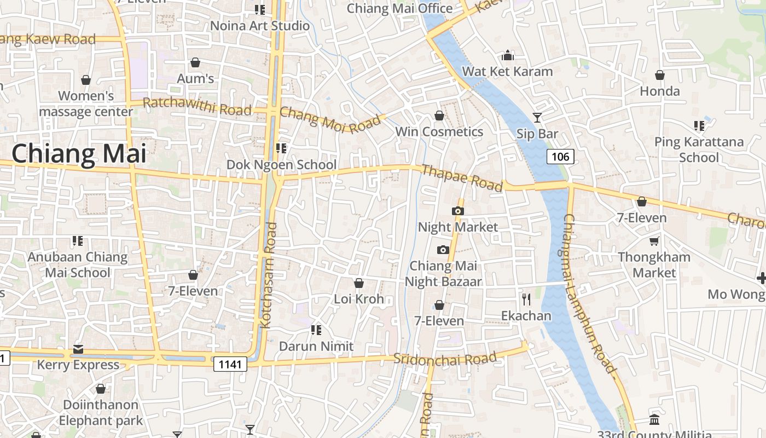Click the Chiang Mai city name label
(79, 154)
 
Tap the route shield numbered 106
(560, 157)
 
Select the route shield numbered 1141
(230, 364)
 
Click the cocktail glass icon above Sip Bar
(537, 117)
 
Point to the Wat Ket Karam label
(507, 71)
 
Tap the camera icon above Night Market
(458, 211)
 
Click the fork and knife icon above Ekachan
(526, 299)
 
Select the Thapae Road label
(462, 178)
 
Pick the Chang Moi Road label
(329, 119)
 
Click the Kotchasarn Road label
(268, 275)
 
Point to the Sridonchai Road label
(445, 359)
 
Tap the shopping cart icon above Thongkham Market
(654, 241)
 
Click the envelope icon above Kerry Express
(78, 349)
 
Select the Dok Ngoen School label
(281, 164)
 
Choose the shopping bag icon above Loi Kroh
(359, 283)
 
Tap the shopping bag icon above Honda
(660, 75)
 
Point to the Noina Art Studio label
(260, 26)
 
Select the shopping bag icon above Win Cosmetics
(439, 116)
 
